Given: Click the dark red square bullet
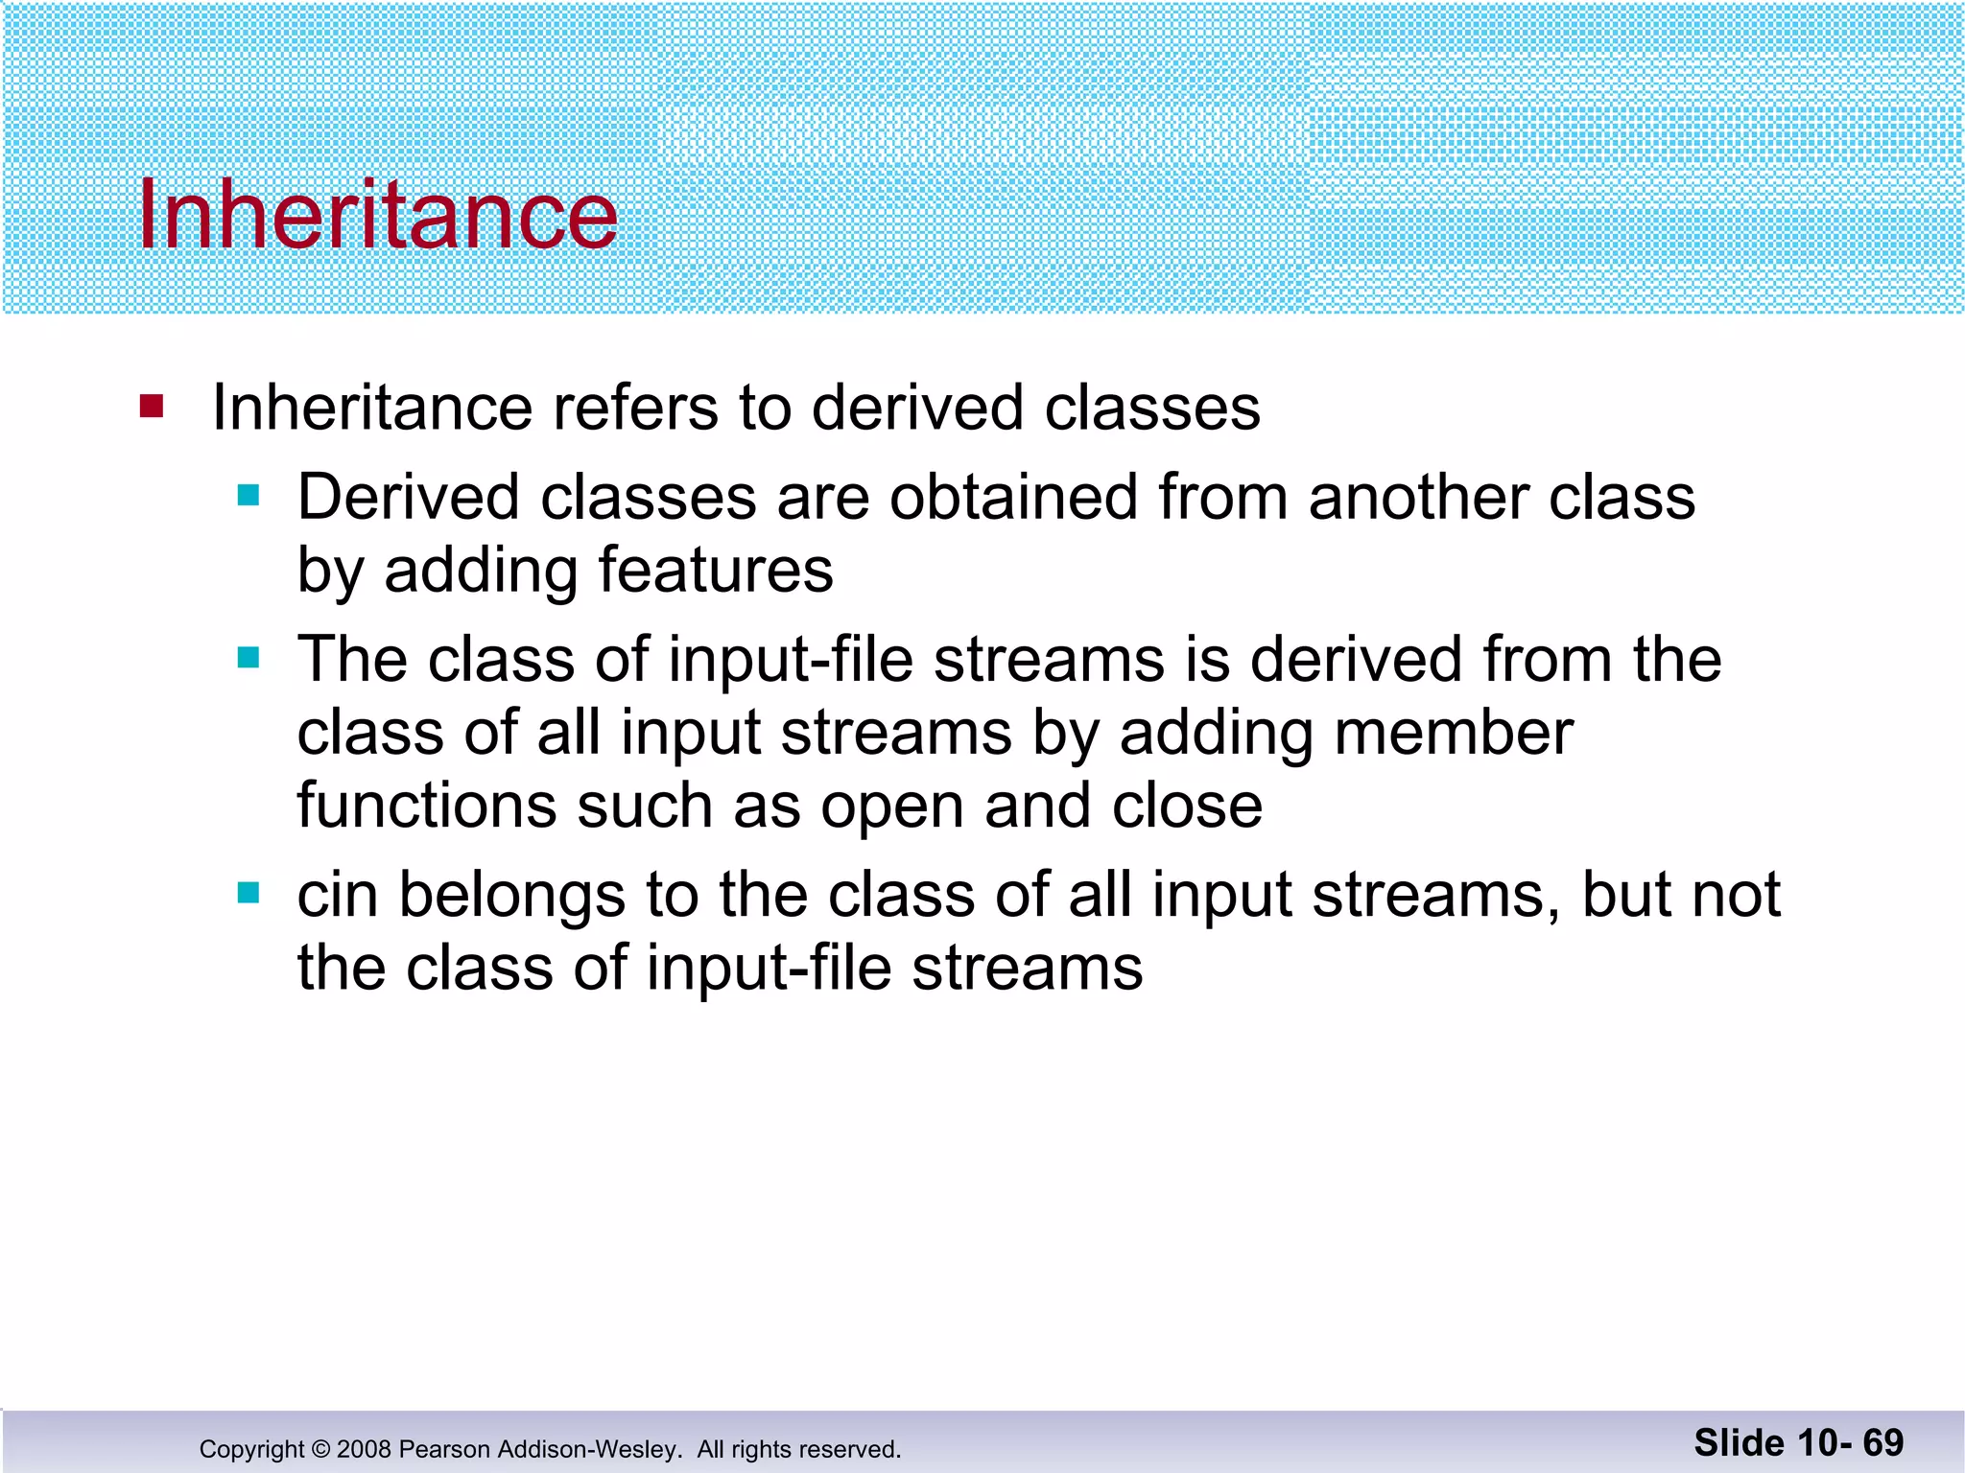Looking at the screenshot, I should (152, 407).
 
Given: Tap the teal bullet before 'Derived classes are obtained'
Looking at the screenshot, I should (249, 496).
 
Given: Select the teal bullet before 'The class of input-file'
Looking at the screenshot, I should (249, 658).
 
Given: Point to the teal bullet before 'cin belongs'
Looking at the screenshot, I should (249, 894).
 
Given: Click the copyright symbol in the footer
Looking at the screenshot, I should (320, 1449).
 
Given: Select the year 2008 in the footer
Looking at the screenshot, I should (364, 1449).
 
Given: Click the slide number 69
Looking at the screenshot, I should (1882, 1442).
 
